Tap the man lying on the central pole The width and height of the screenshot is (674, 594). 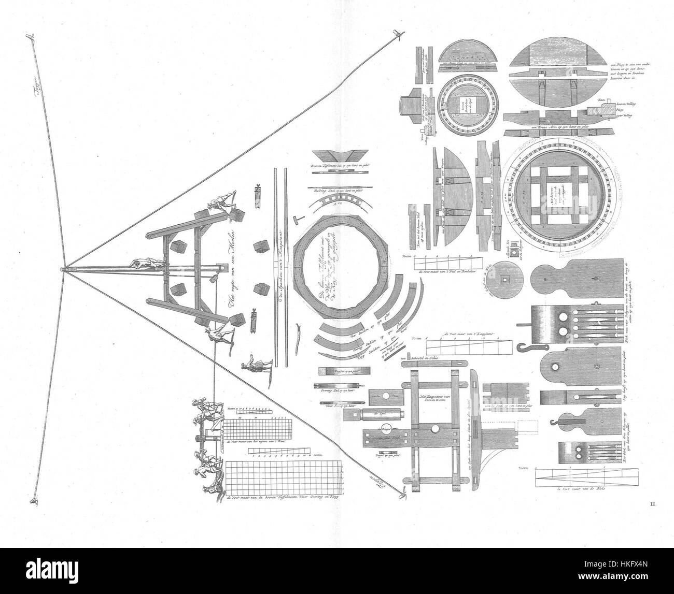coord(147,264)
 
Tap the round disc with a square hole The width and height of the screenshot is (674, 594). coord(503,278)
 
